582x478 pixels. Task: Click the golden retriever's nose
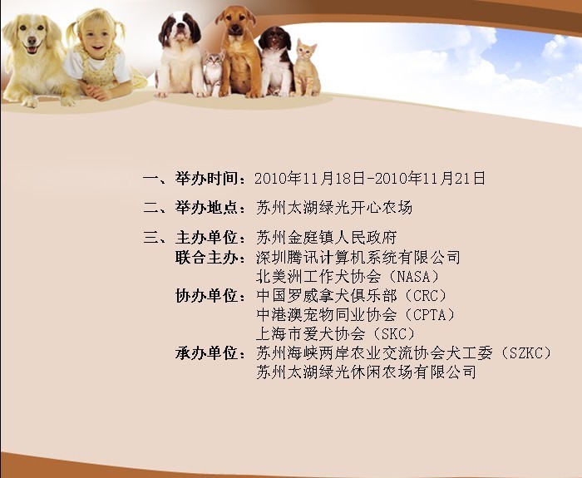[32, 40]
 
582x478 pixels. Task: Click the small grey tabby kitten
[214, 72]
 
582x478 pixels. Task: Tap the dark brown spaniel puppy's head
[274, 39]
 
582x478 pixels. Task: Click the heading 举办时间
[206, 179]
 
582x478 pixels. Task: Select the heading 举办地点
[206, 208]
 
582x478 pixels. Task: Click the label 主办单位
[206, 237]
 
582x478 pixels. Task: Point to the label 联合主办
[206, 257]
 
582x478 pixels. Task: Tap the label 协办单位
[206, 296]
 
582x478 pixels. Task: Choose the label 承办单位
[206, 353]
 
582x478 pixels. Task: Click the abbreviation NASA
[412, 277]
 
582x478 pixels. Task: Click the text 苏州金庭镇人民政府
[327, 238]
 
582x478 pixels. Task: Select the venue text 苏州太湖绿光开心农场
[334, 208]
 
